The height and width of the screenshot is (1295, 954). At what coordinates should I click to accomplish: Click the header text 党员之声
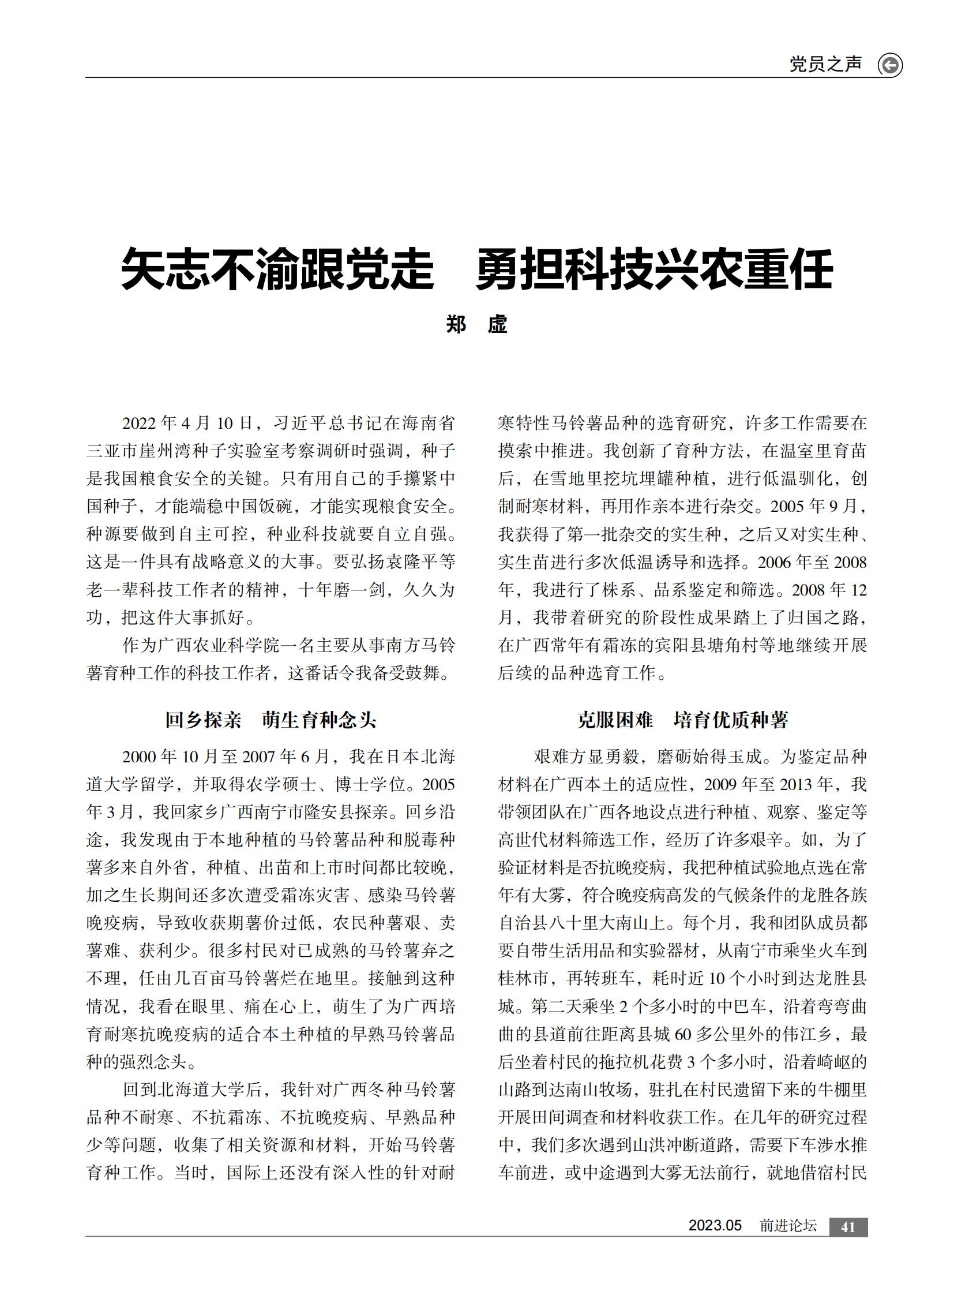pos(825,64)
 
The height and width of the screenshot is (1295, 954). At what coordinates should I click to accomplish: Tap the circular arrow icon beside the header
pos(890,65)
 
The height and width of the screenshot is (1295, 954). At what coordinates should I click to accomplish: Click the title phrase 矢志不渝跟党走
pos(277,269)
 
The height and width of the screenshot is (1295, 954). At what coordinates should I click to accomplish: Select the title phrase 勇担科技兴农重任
pos(653,269)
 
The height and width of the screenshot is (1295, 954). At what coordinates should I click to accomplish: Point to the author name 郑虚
pos(476,324)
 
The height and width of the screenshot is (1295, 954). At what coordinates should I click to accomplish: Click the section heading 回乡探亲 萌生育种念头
pos(271,720)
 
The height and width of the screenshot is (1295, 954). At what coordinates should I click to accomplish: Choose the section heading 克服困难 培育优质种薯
pos(682,720)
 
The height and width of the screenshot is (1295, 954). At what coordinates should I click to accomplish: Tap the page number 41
pos(848,1227)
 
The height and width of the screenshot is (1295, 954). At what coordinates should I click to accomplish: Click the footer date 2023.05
pos(715,1226)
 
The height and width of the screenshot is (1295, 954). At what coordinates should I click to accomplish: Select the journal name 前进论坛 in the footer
pos(788,1226)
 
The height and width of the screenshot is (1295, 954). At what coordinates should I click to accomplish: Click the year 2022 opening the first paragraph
pos(139,424)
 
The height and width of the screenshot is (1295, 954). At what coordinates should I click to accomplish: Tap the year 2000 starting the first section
pos(139,757)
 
